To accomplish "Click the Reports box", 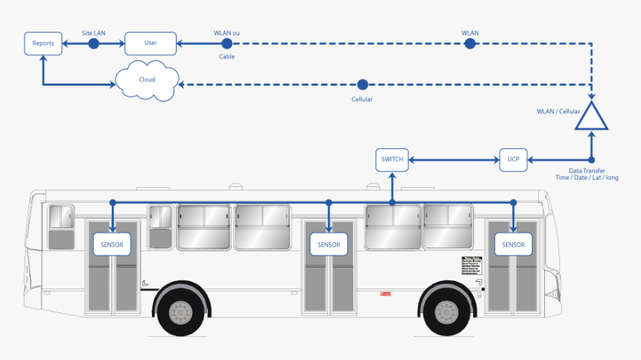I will [x=42, y=43].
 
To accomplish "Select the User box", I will [x=151, y=43].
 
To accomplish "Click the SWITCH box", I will [x=392, y=159].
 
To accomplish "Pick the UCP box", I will [x=513, y=159].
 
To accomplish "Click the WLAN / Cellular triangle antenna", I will [x=591, y=117].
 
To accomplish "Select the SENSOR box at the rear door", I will [x=112, y=244].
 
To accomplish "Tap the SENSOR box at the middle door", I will [x=329, y=244].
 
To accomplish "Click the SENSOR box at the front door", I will [x=513, y=244].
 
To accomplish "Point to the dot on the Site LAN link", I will [x=94, y=44].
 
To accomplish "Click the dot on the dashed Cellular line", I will [x=362, y=84].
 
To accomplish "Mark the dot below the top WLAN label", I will [x=470, y=44].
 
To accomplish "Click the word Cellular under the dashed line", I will [x=361, y=99].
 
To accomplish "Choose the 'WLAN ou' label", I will [x=227, y=33].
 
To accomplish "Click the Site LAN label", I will [x=94, y=33].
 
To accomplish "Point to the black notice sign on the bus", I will [x=472, y=267].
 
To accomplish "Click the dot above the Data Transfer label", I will [x=591, y=159].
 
